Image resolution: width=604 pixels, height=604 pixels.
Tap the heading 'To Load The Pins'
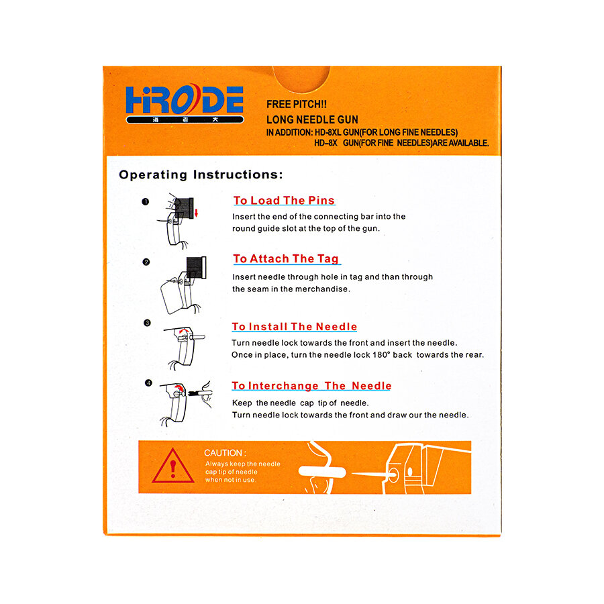click(284, 201)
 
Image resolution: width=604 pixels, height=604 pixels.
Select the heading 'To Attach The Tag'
click(286, 259)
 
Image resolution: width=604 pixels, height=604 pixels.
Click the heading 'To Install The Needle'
click(295, 327)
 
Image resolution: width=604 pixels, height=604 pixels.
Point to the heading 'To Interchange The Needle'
click(311, 386)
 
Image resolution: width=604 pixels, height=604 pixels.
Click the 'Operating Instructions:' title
click(201, 174)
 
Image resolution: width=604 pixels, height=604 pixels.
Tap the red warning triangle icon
click(173, 466)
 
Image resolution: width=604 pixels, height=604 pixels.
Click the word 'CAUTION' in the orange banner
click(224, 453)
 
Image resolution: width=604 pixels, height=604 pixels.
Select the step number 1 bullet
click(145, 201)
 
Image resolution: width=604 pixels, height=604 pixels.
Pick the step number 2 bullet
click(146, 262)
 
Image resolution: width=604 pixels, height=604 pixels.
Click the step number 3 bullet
click(147, 323)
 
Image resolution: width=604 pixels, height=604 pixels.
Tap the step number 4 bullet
click(148, 383)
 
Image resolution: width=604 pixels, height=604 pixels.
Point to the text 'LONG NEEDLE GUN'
click(312, 119)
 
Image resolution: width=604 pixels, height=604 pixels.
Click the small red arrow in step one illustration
click(196, 213)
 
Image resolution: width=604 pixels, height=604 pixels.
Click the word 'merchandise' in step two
click(324, 289)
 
